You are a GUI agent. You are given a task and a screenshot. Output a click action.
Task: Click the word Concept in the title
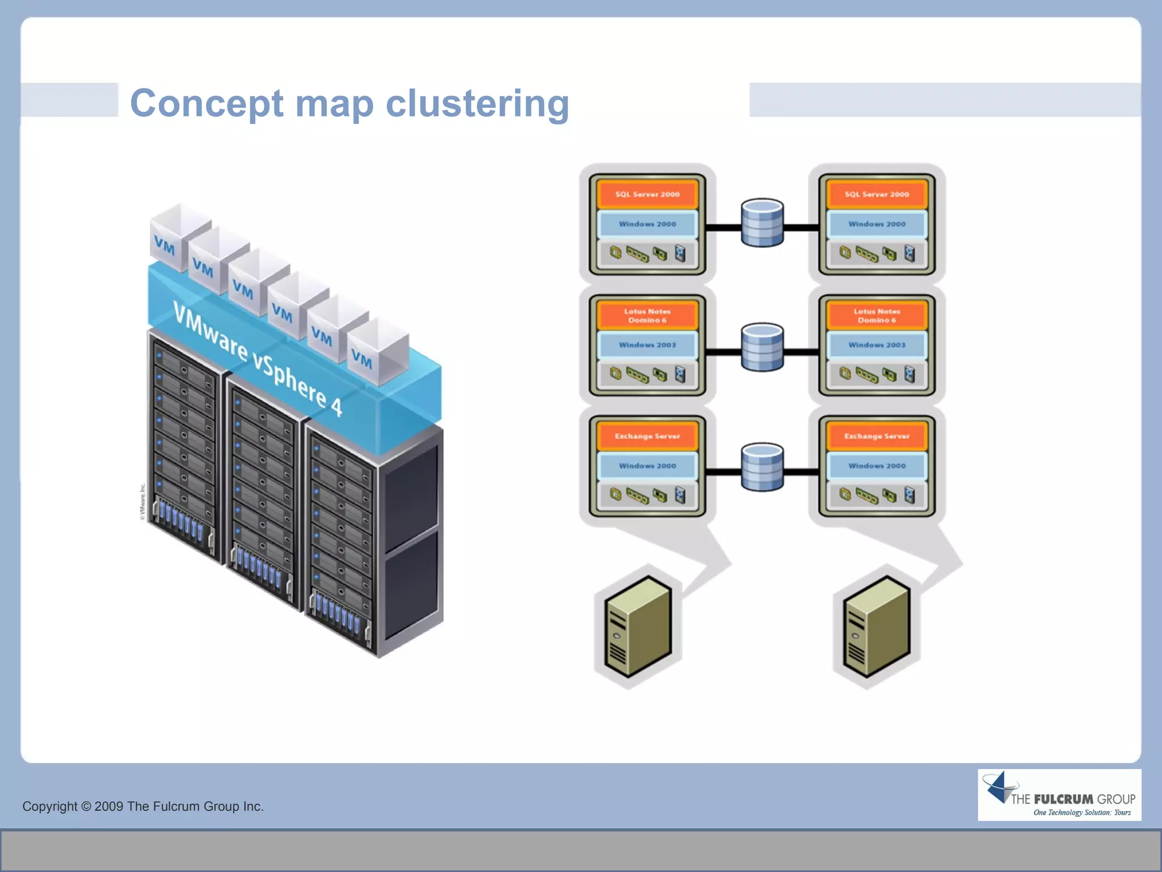[x=207, y=104]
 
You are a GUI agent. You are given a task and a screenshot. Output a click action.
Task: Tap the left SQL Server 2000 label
[x=647, y=194]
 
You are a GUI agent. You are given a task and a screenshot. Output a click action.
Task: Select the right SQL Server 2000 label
[x=877, y=194]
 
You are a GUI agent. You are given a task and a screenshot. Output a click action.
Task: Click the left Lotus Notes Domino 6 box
[x=647, y=316]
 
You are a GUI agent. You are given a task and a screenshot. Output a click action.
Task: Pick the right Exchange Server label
[x=877, y=436]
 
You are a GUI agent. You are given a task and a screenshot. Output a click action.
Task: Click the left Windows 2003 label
[x=647, y=345]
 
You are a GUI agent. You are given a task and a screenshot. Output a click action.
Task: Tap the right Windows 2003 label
[x=877, y=345]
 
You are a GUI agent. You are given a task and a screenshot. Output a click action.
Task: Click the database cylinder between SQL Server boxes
[x=762, y=223]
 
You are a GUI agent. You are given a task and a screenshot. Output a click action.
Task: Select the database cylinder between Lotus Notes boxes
[x=762, y=347]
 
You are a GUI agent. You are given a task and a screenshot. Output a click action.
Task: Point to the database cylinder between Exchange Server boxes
[x=762, y=467]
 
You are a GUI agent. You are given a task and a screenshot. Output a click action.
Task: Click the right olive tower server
[x=876, y=627]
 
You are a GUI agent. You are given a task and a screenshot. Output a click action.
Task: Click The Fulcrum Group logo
[x=1059, y=795]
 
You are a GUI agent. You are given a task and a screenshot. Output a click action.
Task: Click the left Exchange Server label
[x=647, y=436]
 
